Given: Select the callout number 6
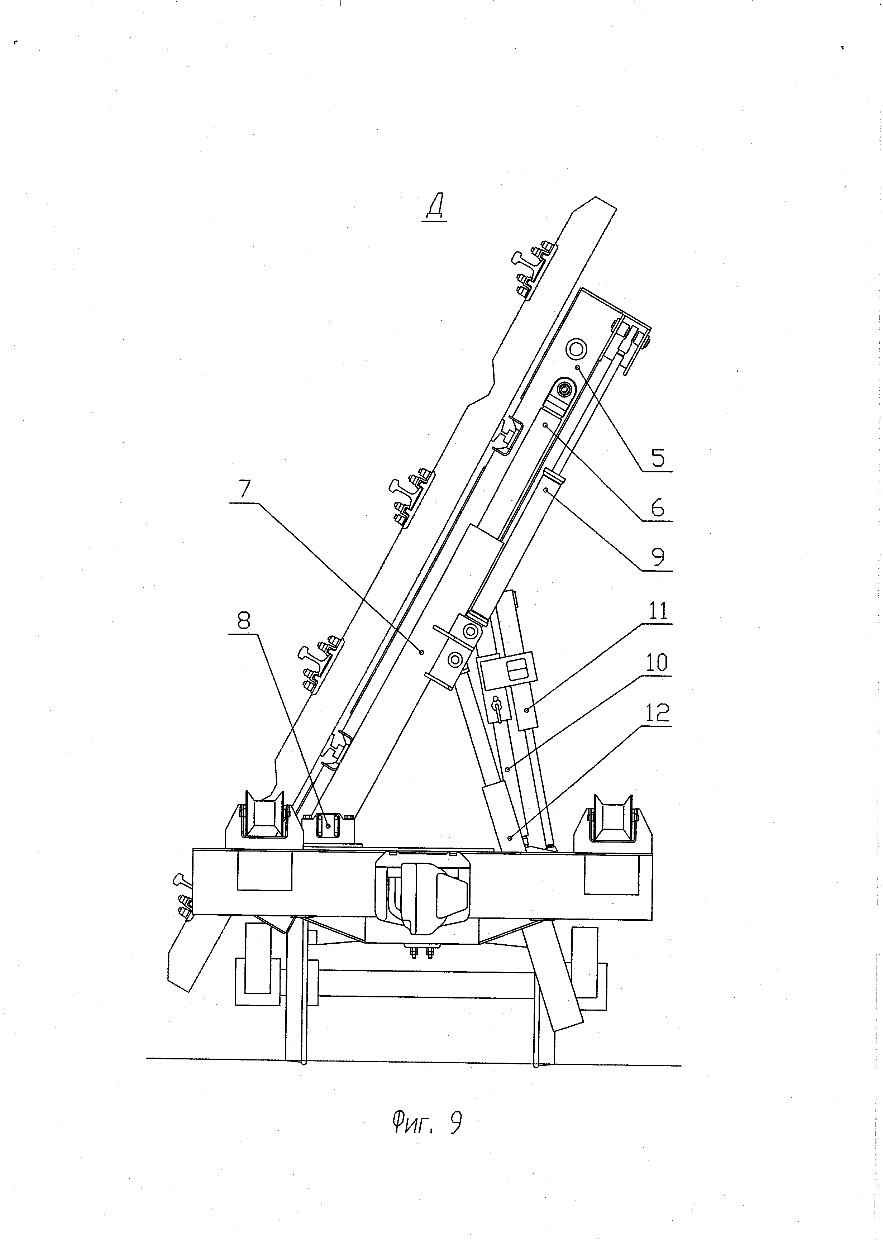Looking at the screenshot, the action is pos(657,508).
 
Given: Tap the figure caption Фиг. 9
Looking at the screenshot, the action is pos(426,1122).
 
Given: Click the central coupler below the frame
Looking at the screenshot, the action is pos(421,890).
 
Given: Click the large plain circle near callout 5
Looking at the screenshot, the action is pos(576,348).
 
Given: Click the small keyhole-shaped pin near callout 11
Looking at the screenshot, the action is pos(496,708).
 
